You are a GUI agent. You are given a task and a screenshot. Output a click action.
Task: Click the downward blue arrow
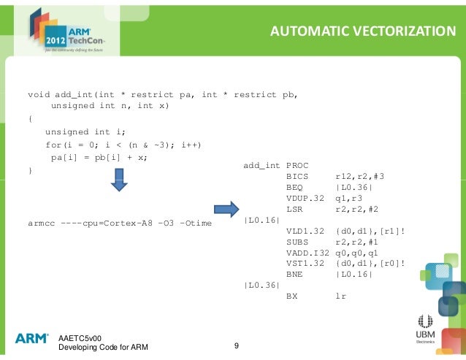[118, 180]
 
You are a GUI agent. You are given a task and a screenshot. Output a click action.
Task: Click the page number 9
[236, 345]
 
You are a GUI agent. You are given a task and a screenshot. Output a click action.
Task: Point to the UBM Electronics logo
[425, 329]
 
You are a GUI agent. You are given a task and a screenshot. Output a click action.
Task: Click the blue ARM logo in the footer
[32, 338]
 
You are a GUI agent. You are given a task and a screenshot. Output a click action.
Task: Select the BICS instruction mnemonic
[299, 177]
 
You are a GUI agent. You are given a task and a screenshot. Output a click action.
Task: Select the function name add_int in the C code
[75, 94]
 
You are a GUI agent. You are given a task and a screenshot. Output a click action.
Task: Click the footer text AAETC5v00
[80, 337]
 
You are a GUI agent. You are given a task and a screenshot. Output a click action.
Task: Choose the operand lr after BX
[340, 296]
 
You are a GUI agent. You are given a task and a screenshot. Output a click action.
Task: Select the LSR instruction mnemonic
[296, 208]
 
